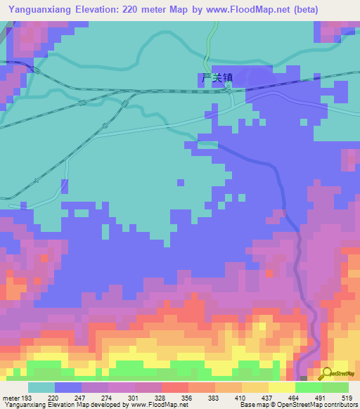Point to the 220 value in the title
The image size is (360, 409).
click(x=129, y=10)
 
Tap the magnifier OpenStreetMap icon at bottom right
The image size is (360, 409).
click(x=328, y=373)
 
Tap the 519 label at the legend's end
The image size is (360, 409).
click(x=341, y=398)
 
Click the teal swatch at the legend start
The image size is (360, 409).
click(x=41, y=387)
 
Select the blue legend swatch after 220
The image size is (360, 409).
click(x=68, y=387)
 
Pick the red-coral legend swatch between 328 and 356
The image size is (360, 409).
click(x=174, y=387)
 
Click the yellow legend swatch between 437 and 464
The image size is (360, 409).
click(x=281, y=387)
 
